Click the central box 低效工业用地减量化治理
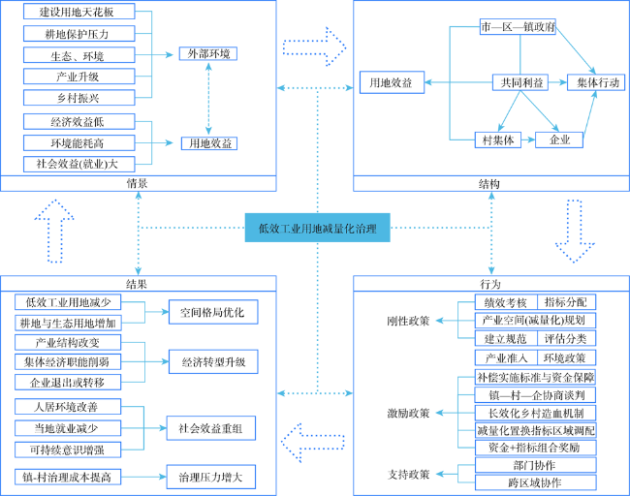pyautogui.click(x=317, y=230)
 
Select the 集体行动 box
pyautogui.click(x=592, y=82)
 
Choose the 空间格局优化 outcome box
pyautogui.click(x=205, y=312)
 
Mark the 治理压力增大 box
pyautogui.click(x=205, y=476)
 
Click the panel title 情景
pyautogui.click(x=137, y=182)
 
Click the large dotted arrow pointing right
pyautogui.click(x=315, y=43)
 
